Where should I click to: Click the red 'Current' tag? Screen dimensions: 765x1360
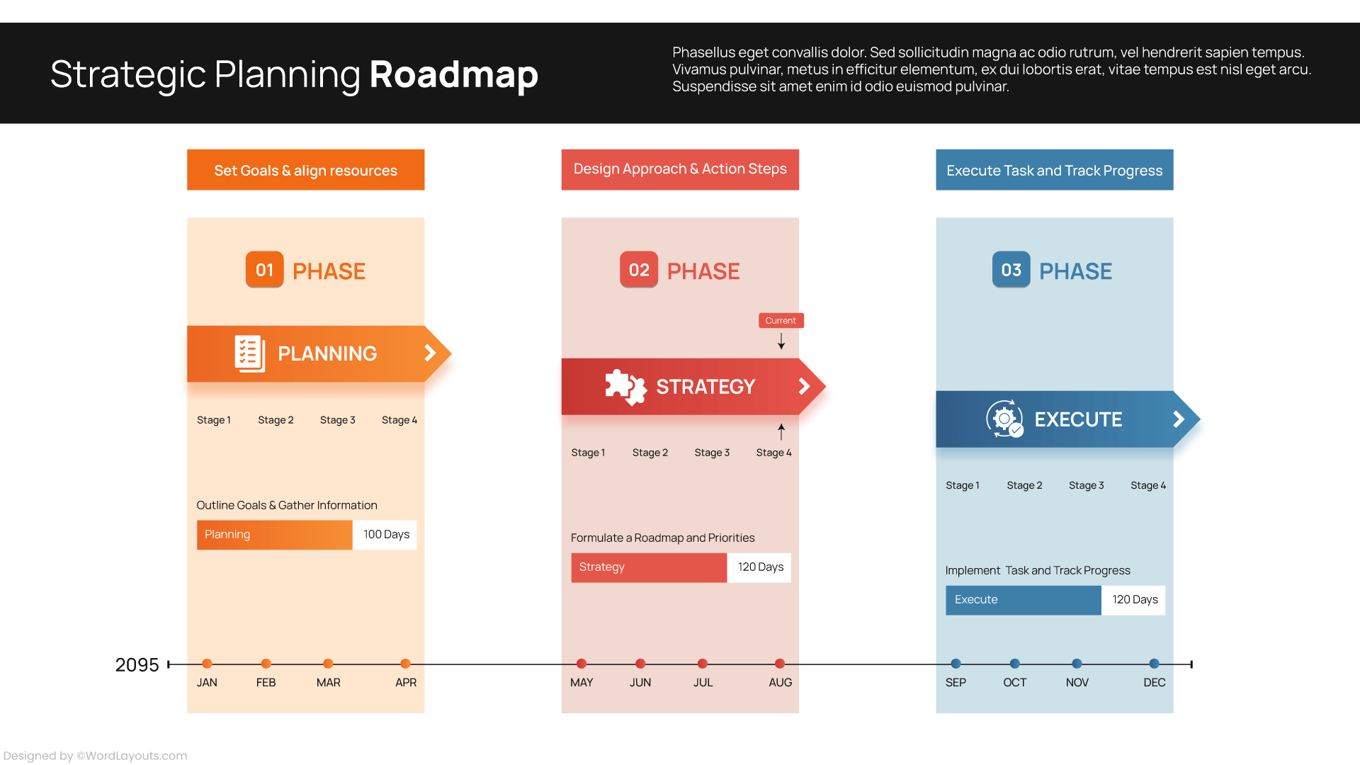[x=781, y=320]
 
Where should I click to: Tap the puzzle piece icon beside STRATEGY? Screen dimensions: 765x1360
[x=625, y=387]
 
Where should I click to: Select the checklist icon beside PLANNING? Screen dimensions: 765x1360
[x=249, y=353]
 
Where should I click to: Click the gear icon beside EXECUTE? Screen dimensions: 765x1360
[x=1004, y=419]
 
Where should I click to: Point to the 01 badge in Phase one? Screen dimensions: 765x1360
[x=264, y=270]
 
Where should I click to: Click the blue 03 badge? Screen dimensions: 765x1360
[x=1011, y=270]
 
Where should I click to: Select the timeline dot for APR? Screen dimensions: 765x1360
[x=405, y=664]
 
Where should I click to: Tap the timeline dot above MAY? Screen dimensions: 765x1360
[x=582, y=664]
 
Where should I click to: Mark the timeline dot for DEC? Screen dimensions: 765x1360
[x=1154, y=664]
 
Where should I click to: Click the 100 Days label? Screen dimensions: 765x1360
[x=386, y=535]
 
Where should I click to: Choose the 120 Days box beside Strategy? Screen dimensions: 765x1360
[x=760, y=567]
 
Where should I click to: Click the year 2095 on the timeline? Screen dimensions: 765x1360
[x=137, y=665]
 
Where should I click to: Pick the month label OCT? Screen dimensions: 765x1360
[x=1014, y=683]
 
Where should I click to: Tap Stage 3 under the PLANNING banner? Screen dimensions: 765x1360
[x=337, y=420]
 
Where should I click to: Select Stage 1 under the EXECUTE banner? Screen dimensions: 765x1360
[x=962, y=485]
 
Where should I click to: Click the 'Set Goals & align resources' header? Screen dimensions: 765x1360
[x=305, y=170]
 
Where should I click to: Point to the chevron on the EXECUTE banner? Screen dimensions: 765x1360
[x=1179, y=419]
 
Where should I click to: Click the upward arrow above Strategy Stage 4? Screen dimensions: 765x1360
[x=781, y=431]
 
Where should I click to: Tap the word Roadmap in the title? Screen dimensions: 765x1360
[x=453, y=74]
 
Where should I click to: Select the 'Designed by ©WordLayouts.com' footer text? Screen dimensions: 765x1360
[x=95, y=756]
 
